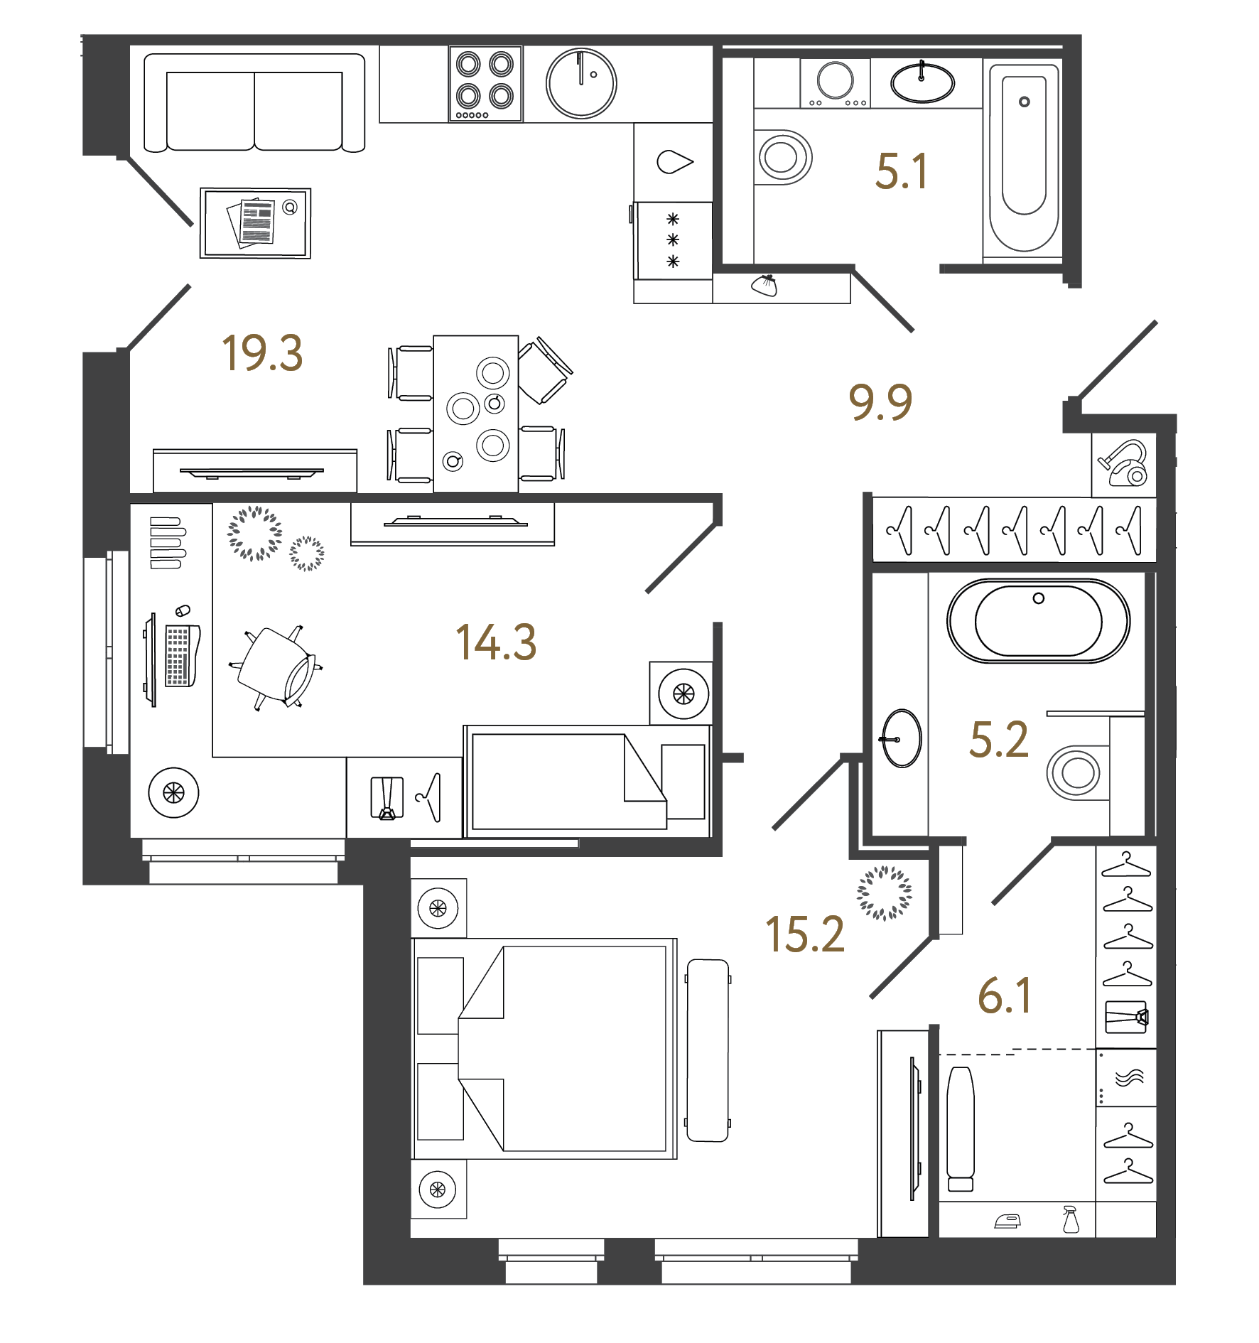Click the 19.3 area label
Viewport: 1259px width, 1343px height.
click(x=262, y=353)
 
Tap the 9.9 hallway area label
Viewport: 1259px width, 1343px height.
click(x=880, y=402)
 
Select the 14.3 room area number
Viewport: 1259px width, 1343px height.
click(x=495, y=642)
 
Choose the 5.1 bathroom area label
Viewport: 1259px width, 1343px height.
click(x=901, y=172)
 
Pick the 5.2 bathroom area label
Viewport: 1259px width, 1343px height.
click(x=998, y=740)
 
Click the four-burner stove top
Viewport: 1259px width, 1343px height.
click(x=485, y=84)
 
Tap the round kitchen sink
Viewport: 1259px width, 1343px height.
click(x=581, y=83)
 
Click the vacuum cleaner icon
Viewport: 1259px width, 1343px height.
click(x=1123, y=464)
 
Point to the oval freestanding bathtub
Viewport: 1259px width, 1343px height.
click(x=1038, y=621)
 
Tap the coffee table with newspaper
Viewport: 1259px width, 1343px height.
click(x=255, y=223)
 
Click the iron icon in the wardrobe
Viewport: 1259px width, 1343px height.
click(x=1007, y=1221)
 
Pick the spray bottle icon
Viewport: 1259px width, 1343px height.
click(x=1070, y=1219)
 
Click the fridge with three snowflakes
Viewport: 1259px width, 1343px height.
click(x=673, y=241)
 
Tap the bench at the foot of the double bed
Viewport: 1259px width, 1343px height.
click(x=708, y=1050)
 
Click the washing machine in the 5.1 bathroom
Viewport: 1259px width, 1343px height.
click(x=835, y=83)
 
